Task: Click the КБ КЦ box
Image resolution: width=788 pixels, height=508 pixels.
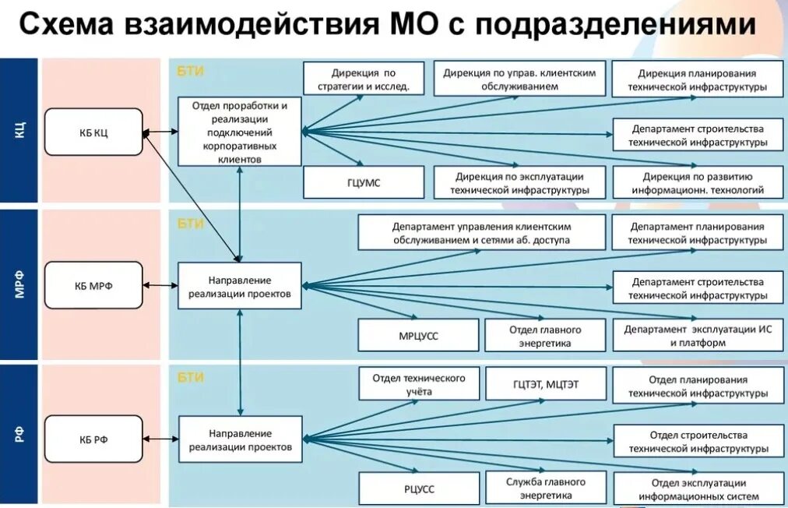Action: click(93, 132)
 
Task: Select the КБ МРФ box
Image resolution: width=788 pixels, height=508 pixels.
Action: click(93, 285)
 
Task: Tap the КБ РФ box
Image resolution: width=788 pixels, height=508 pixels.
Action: click(93, 439)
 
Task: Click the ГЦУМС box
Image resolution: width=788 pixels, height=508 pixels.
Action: click(363, 182)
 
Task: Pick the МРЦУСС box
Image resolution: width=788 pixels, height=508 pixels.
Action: click(418, 335)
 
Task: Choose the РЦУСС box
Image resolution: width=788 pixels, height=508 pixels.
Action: click(418, 489)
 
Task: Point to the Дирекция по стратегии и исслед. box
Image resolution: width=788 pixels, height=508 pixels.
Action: click(363, 79)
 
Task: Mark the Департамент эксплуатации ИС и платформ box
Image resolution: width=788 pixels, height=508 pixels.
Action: click(697, 335)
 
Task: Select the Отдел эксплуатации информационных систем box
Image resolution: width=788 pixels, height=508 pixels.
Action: click(697, 489)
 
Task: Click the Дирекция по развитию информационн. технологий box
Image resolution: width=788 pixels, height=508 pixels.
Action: click(697, 182)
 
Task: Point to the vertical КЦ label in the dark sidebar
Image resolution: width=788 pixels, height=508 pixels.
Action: click(19, 130)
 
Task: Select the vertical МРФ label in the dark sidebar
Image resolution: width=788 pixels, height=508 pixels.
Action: click(19, 285)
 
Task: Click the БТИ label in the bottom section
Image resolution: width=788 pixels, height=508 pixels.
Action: click(191, 377)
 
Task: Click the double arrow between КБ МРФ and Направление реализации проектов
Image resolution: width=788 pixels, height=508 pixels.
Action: click(161, 285)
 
